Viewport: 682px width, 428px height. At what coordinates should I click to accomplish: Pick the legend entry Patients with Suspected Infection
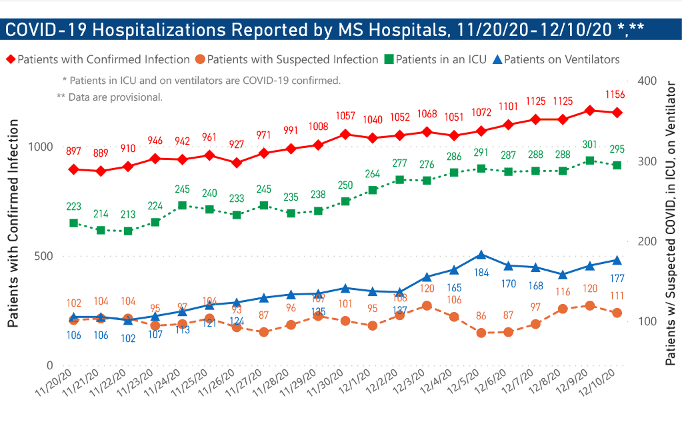tap(293, 59)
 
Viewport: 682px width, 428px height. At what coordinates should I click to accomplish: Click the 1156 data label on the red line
tap(615, 95)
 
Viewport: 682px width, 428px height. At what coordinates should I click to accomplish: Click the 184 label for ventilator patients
tap(481, 272)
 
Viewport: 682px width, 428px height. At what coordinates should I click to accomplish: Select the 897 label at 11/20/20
tap(73, 151)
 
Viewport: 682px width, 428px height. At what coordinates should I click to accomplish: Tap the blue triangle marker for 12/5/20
tap(481, 255)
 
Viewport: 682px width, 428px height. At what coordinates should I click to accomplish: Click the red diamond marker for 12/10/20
tap(617, 113)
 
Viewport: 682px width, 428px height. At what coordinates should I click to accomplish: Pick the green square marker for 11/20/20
tap(73, 223)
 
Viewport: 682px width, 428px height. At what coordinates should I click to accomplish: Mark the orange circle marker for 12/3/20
tap(427, 306)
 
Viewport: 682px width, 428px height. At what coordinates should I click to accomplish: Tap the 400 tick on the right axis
tap(648, 81)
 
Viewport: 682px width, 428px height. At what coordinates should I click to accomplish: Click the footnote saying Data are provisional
tap(110, 97)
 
